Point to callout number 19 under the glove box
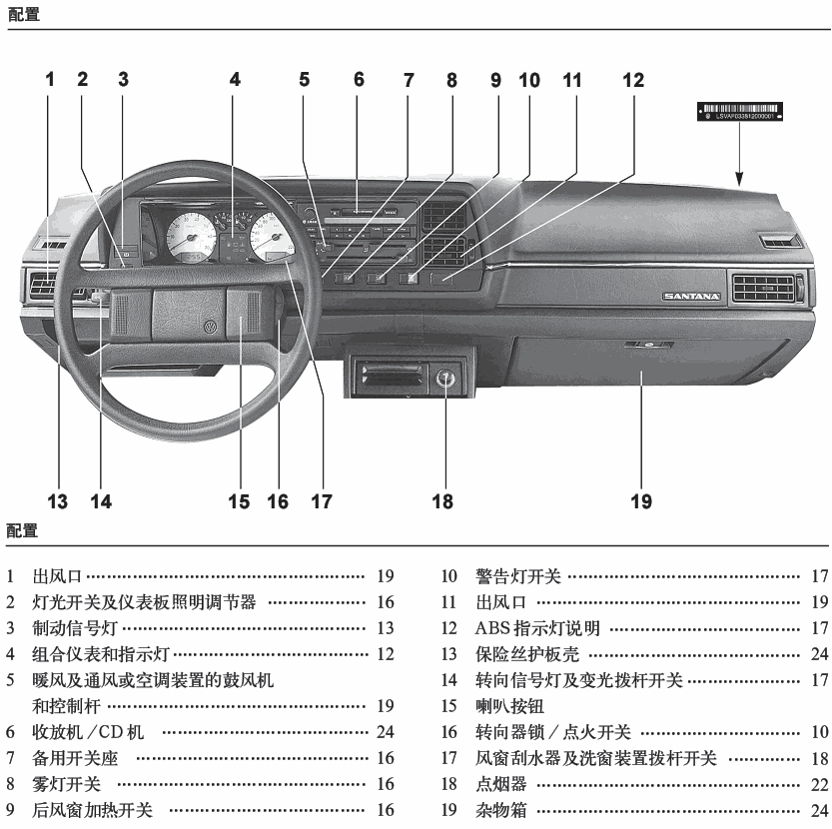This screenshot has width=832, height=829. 641,500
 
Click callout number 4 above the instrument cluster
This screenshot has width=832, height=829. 235,80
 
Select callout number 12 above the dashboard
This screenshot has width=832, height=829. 634,80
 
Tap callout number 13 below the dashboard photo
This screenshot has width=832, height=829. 57,500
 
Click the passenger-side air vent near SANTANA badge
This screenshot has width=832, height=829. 766,290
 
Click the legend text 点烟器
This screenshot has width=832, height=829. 500,785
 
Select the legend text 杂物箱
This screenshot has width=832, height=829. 500,811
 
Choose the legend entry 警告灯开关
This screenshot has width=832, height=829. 517,576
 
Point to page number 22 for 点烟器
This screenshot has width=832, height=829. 819,785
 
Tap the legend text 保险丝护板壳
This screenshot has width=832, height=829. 526,654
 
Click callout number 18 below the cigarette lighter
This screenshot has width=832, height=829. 442,500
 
